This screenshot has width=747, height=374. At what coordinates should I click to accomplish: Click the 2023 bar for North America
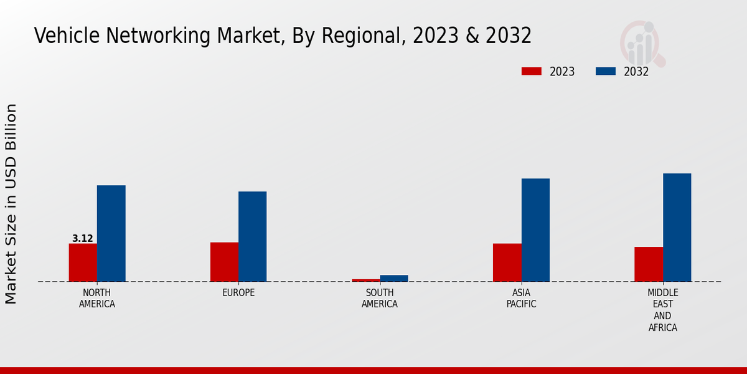(x=83, y=262)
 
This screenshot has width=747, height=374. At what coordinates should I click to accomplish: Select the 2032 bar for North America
(x=111, y=233)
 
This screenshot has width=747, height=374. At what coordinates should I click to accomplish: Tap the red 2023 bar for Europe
(x=224, y=262)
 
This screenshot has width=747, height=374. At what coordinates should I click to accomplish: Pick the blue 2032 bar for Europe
(x=252, y=236)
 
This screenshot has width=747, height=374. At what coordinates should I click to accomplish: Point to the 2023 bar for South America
(x=365, y=280)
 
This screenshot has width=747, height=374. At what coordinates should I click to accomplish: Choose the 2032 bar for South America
(x=394, y=278)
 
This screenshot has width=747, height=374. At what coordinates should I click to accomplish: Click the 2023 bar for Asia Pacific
(x=507, y=262)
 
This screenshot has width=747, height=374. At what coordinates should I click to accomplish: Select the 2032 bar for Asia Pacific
(x=535, y=230)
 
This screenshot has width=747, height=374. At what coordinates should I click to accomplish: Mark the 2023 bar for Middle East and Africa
(x=649, y=264)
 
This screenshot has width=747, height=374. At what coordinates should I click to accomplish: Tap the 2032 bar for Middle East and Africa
(x=677, y=228)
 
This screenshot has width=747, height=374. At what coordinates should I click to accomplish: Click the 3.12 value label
(x=83, y=239)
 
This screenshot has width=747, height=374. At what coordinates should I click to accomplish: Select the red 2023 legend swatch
(x=532, y=72)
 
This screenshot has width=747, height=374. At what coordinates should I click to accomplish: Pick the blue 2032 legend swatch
(x=606, y=72)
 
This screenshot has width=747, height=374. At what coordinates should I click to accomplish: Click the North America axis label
(x=97, y=299)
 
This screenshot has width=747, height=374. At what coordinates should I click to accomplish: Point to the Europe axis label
(x=238, y=293)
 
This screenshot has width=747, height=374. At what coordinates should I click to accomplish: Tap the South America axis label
(x=380, y=299)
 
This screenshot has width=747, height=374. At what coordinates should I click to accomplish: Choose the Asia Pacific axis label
(x=521, y=299)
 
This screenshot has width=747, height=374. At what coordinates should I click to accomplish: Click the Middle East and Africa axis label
(x=663, y=310)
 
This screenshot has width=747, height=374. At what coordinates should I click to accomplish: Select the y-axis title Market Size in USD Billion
(x=11, y=204)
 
